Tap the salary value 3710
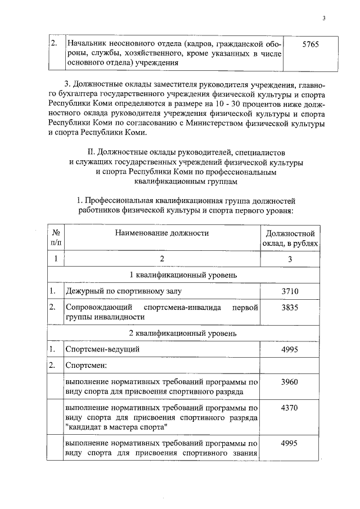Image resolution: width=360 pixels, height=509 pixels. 290,291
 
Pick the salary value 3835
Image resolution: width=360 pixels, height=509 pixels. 290,308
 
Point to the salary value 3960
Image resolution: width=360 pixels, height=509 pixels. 290,382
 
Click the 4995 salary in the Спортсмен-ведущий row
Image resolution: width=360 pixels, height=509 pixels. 290,349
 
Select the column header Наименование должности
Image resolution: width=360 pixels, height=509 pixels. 162,233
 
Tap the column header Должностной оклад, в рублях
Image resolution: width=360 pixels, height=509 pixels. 290,238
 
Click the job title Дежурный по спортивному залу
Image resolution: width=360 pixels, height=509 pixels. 124,291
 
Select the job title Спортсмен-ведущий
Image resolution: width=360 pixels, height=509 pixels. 102,350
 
